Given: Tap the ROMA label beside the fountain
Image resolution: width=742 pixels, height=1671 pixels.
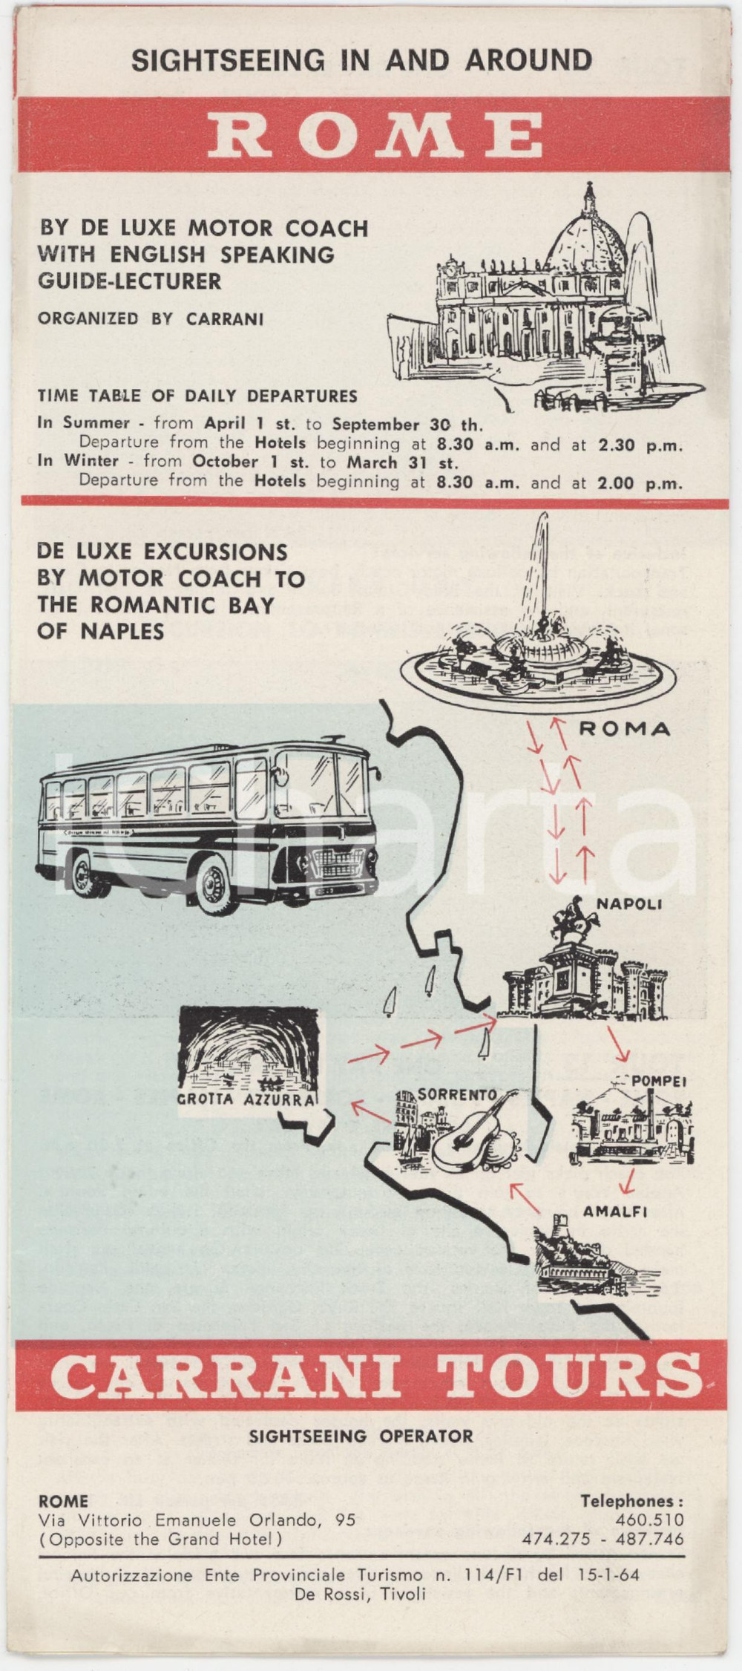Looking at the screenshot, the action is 624,729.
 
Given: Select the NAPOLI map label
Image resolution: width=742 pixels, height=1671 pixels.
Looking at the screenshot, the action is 629,904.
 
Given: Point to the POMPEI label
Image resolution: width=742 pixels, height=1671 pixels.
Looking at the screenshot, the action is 659,1081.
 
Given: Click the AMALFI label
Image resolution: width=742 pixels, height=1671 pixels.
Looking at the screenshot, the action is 615,1211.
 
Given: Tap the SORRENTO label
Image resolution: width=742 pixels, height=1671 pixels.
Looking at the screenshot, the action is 457,1094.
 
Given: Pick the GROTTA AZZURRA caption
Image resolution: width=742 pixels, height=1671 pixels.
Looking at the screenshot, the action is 246,1099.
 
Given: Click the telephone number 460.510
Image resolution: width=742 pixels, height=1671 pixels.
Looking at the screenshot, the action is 649,1520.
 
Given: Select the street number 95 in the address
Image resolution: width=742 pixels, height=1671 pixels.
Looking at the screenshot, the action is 345,1520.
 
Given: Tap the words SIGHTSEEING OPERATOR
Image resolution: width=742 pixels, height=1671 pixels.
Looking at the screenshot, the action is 361,1436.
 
